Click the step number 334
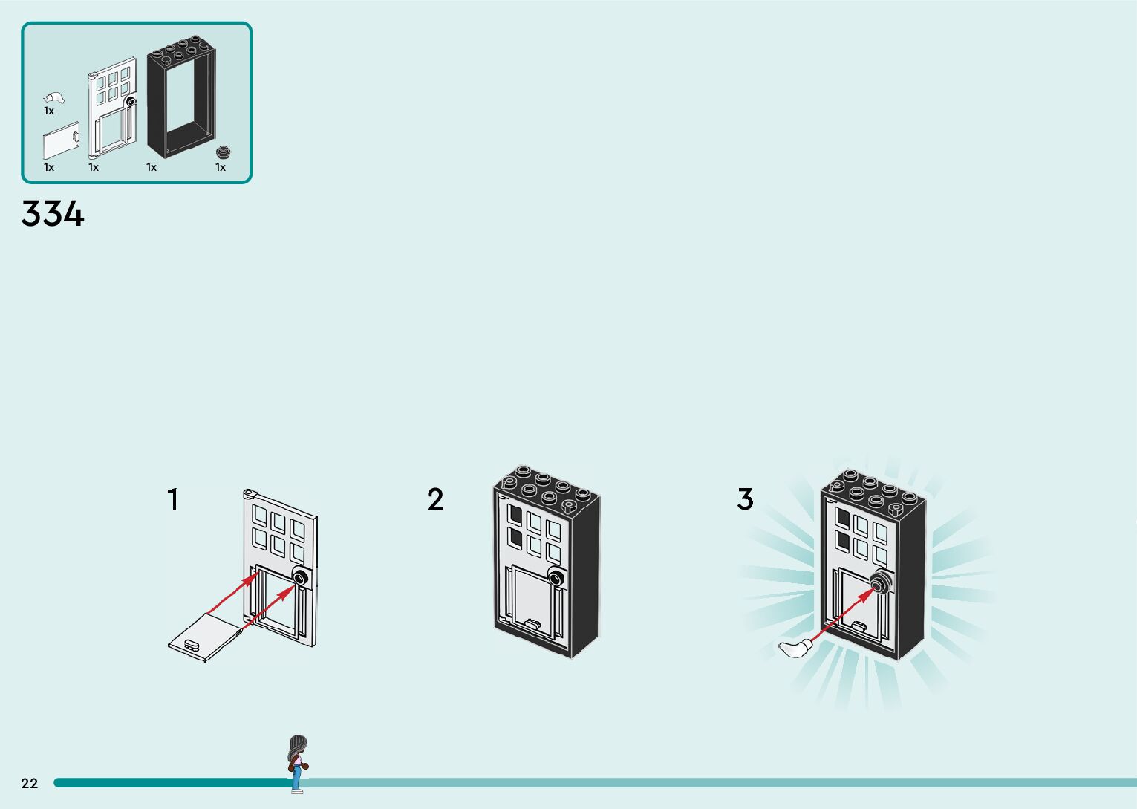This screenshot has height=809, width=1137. [53, 214]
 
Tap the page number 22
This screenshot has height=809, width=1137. [29, 783]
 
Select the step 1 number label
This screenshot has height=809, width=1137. [173, 499]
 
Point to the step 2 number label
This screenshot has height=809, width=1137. [435, 499]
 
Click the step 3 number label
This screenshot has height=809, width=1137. [745, 499]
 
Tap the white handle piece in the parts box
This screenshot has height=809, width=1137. [53, 97]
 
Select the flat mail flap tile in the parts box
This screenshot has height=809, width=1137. [61, 140]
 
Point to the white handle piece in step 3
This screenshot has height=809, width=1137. [795, 648]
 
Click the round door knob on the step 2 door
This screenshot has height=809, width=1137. [556, 578]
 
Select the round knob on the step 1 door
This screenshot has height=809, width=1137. [301, 578]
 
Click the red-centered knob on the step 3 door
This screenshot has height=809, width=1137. [880, 585]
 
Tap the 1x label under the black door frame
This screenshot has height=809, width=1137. [152, 167]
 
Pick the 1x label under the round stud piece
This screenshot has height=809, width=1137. [221, 167]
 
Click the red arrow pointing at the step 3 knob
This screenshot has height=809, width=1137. [843, 615]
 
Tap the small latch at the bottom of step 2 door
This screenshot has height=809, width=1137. [532, 623]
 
